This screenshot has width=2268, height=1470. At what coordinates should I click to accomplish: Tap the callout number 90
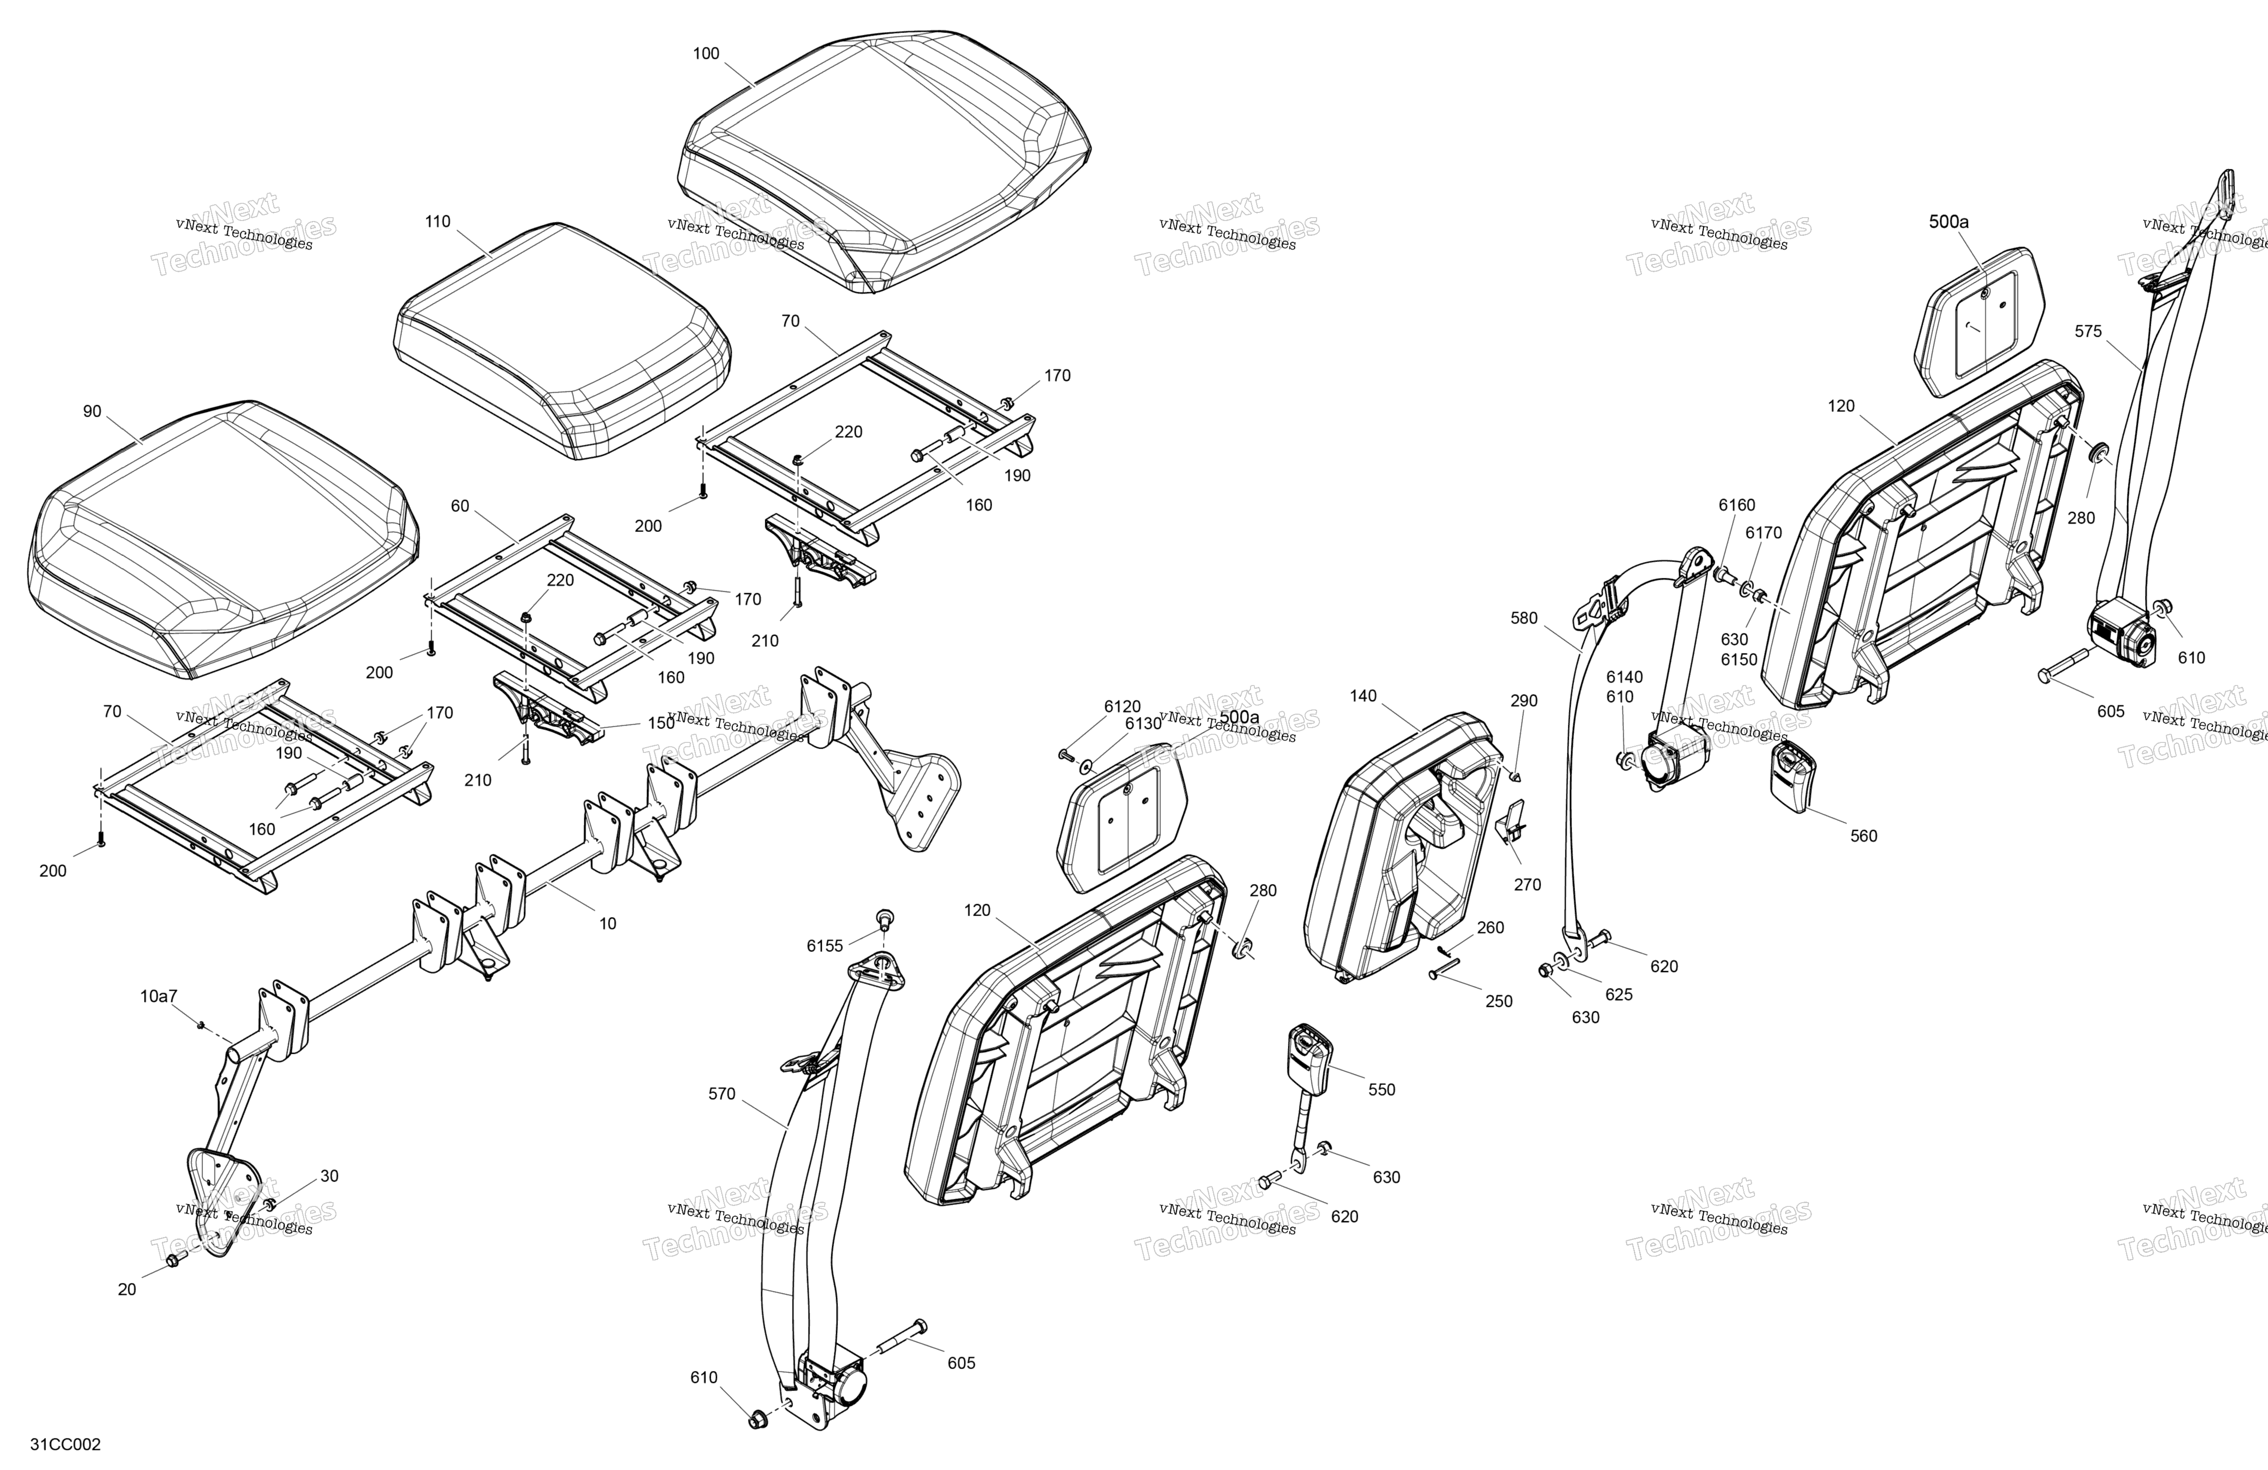pyautogui.click(x=91, y=411)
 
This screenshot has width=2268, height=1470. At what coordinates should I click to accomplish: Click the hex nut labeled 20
pyautogui.click(x=172, y=1261)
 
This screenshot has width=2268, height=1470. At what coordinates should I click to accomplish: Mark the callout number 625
pyautogui.click(x=1618, y=995)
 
